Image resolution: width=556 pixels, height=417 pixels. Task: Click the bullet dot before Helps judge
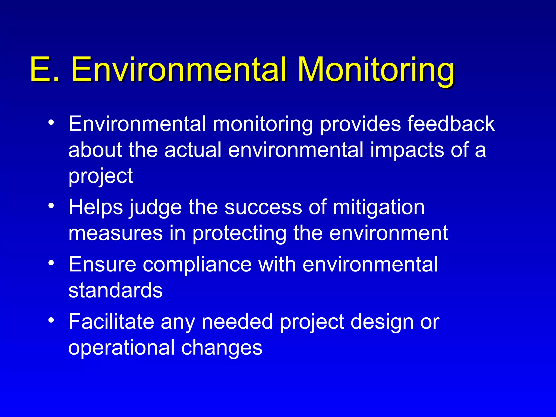[x=51, y=206]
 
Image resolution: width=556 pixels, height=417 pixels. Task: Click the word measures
[x=115, y=233]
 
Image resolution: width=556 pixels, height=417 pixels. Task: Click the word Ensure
[x=102, y=264]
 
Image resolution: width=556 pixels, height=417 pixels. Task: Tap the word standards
[x=115, y=290]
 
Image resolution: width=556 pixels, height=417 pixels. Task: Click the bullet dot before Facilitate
[x=51, y=320]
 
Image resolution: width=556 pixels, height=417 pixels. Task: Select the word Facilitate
[x=111, y=322]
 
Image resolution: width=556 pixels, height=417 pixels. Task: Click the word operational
[x=121, y=348]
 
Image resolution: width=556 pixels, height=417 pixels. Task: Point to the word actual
[x=193, y=150]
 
